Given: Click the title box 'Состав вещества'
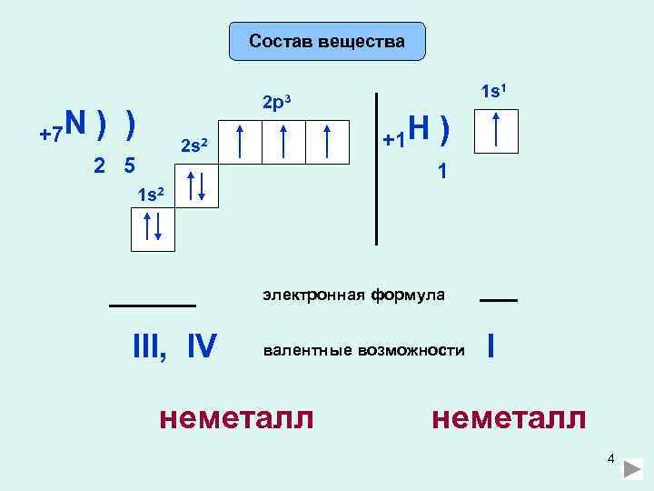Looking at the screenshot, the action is coord(327,41).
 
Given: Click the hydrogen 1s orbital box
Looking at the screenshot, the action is coord(496,131).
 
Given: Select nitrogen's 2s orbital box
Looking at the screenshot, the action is coord(197,185).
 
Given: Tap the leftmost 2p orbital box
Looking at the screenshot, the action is coord(240,142).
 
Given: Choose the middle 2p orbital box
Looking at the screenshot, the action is coord(283,142).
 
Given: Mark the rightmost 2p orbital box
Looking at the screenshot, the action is coord(327,142).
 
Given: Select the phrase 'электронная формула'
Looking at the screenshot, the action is coord(354,295).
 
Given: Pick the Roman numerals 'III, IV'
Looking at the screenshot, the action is coord(174,347).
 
